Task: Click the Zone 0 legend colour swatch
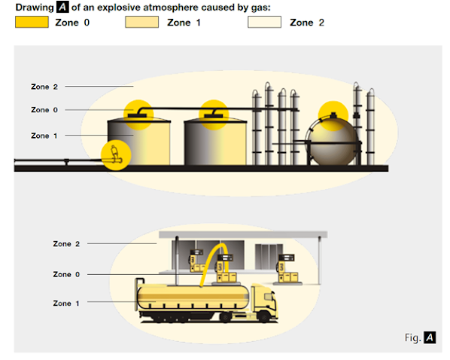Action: click(32, 22)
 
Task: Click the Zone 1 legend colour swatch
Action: click(141, 22)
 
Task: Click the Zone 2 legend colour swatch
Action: click(264, 22)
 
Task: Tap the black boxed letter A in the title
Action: click(62, 8)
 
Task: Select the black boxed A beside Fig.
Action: click(430, 337)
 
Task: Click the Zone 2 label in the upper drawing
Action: click(44, 87)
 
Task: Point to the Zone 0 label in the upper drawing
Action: click(44, 110)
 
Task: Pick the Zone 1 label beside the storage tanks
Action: click(44, 136)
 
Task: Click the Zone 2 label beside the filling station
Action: click(66, 244)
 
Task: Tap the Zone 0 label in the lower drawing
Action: click(66, 274)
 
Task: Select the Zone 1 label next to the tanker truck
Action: click(66, 304)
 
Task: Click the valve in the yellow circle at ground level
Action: click(115, 155)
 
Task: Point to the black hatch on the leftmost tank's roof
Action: click(137, 115)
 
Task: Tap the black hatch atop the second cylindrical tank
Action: click(214, 116)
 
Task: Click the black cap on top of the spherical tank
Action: click(333, 115)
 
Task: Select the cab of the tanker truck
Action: click(265, 301)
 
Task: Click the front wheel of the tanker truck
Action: click(263, 316)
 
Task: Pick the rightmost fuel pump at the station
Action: click(287, 269)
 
